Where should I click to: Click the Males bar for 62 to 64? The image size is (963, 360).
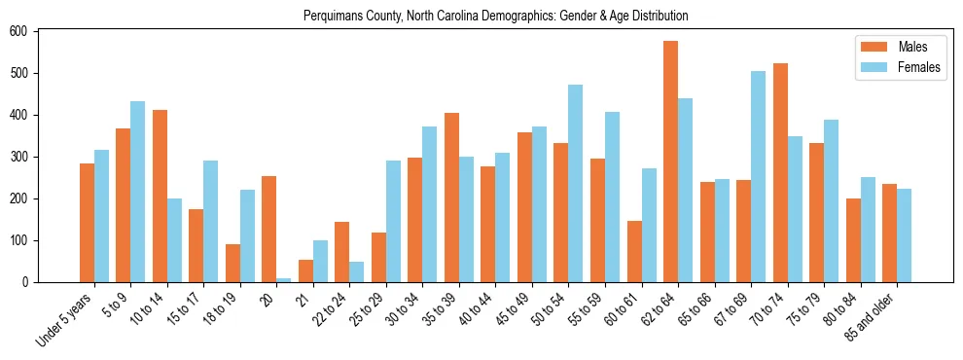point(671,162)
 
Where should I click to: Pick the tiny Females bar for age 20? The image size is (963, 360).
point(284,280)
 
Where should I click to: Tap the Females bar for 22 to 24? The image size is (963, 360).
point(357,271)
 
